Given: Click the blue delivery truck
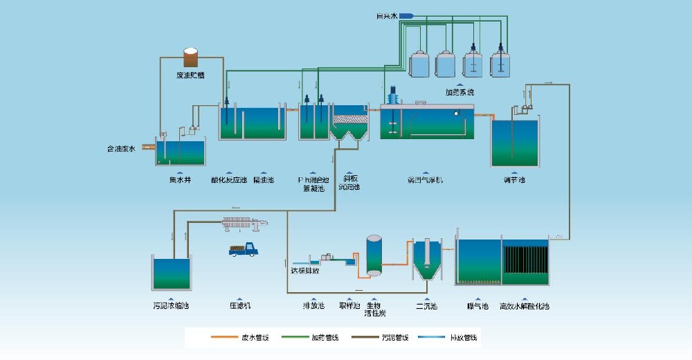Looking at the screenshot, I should [242, 251].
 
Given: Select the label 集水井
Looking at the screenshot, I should [179, 180].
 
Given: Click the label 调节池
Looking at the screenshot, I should [514, 180].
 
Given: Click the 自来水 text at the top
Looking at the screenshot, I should [386, 15].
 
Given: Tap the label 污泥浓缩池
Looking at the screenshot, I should [171, 305].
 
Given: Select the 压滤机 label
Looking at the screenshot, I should [240, 305].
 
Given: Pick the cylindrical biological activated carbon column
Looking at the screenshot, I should [374, 255].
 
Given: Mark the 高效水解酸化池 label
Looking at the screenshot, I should [524, 305].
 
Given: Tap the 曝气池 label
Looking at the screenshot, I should [478, 305].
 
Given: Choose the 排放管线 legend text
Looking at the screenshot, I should [464, 338].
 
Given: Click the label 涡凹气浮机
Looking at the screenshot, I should [425, 180].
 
